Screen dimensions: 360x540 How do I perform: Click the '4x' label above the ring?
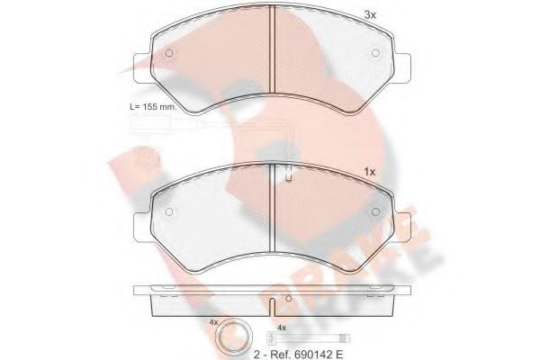pyautogui.click(x=213, y=321)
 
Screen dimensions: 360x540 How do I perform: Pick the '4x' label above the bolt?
pyautogui.click(x=282, y=328)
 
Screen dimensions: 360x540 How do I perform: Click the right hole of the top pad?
pyautogui.click(x=374, y=51)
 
